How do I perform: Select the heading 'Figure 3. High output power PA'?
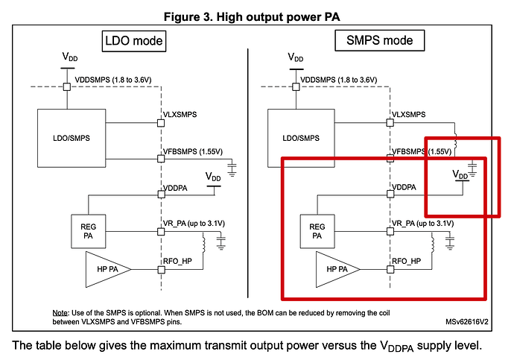point(257,13)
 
